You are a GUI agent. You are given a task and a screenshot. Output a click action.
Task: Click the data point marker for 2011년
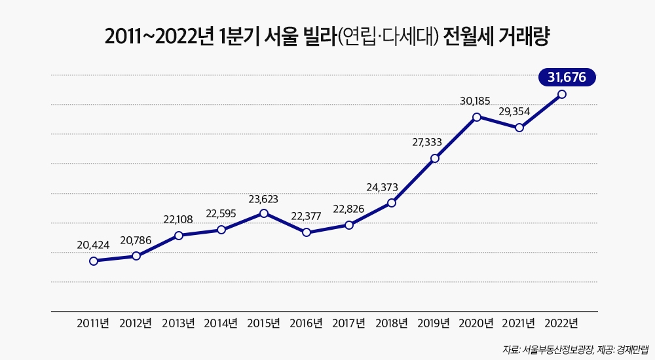(x=94, y=261)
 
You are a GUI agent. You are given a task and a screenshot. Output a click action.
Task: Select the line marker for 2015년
(x=264, y=213)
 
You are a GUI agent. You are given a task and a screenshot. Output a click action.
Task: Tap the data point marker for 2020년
(x=477, y=117)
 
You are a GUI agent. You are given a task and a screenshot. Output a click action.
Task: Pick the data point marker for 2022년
(x=562, y=94)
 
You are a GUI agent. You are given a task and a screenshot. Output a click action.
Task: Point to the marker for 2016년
(x=307, y=232)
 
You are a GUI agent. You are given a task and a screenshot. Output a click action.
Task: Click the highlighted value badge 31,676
(x=567, y=77)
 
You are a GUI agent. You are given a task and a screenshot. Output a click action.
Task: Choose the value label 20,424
(x=93, y=245)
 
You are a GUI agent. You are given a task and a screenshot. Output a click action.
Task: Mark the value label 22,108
(x=178, y=219)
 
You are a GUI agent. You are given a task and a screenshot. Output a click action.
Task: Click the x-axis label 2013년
(x=178, y=323)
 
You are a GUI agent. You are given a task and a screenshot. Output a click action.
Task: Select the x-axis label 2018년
(x=392, y=323)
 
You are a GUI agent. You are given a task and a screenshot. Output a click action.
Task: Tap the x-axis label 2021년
(x=519, y=323)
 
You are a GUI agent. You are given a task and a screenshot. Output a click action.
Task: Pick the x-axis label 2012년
(x=136, y=323)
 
